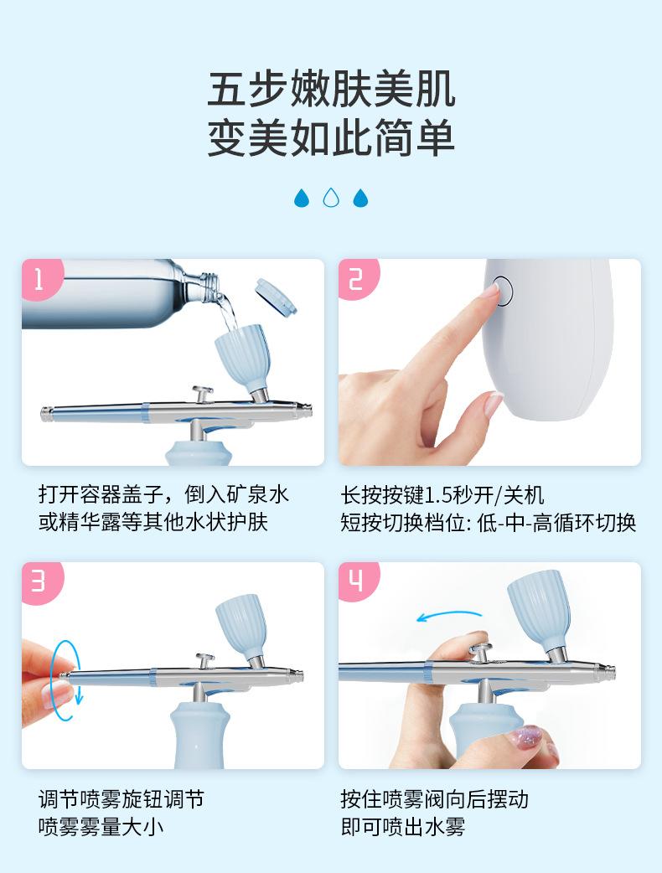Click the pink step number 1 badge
[x=41, y=278]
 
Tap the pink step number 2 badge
[x=358, y=278]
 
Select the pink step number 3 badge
[x=41, y=581]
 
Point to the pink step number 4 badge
[x=358, y=581]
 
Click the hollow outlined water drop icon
[x=331, y=198]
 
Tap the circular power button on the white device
[x=502, y=292]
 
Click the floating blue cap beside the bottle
[x=276, y=297]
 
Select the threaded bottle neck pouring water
[x=211, y=287]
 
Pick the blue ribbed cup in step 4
[x=539, y=607]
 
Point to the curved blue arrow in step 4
[x=449, y=615]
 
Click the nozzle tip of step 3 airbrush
[x=299, y=676]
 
